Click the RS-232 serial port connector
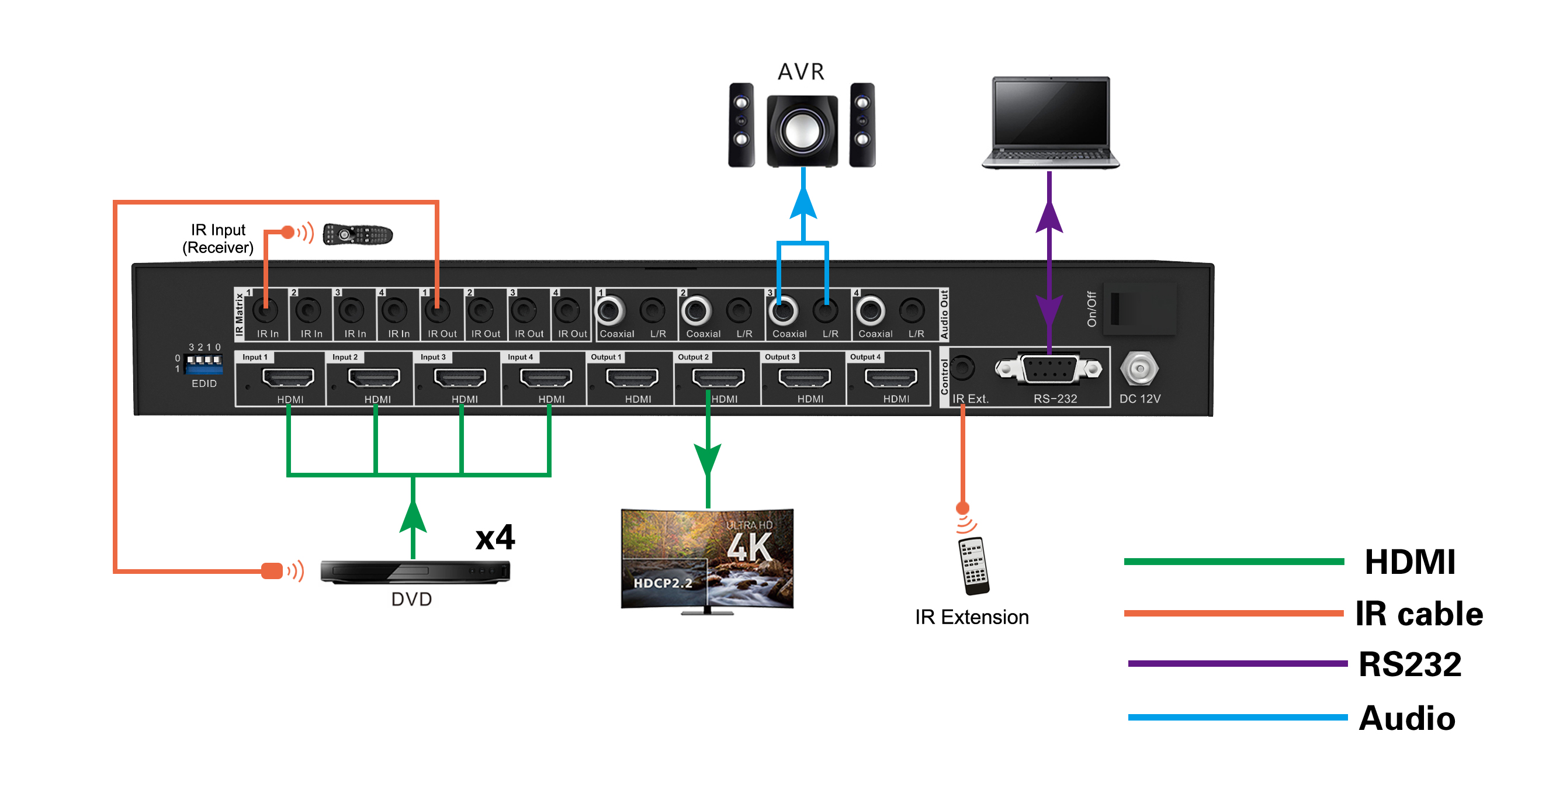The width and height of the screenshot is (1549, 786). pos(1049,369)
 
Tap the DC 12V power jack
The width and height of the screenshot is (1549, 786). pos(1139,368)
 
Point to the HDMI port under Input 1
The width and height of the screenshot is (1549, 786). pos(288,378)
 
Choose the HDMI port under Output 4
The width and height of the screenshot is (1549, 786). pos(890,378)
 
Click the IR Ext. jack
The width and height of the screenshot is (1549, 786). pos(962,368)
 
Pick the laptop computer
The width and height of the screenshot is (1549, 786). pos(1050,123)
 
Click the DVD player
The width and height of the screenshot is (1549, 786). pos(415,572)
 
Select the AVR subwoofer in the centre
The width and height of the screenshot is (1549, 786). pos(802,130)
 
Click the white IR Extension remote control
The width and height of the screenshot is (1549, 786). pos(973,566)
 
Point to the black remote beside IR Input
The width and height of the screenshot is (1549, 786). pos(357,234)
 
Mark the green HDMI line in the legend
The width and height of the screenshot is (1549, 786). pos(1234,562)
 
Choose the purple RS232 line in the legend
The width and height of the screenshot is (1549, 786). pos(1238,663)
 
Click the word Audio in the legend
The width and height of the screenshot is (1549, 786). pos(1407,718)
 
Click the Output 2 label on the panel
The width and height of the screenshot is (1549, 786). pos(693,356)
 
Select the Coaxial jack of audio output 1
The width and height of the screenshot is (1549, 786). pos(610,311)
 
